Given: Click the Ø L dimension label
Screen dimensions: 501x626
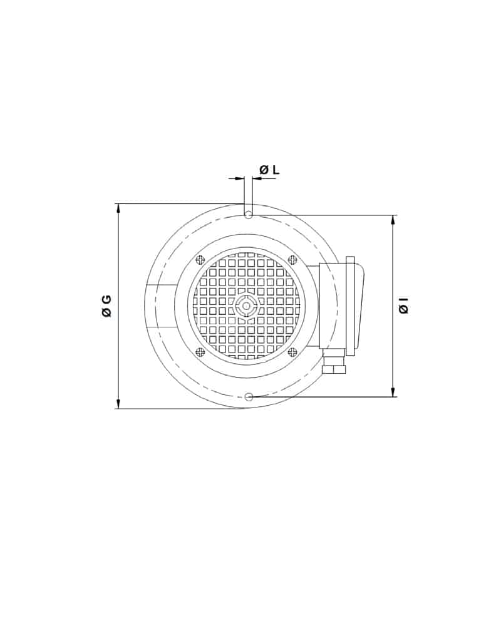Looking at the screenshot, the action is (x=270, y=170).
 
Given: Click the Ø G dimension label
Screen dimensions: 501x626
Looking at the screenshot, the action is (x=106, y=306).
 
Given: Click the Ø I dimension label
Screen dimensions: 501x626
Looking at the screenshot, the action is (x=404, y=305).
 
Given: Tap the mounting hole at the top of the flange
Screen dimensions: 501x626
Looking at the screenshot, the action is (x=248, y=215).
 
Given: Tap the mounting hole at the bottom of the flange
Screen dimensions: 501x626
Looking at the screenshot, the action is (x=249, y=397).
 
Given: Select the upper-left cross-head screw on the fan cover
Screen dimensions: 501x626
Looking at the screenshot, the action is (x=200, y=260).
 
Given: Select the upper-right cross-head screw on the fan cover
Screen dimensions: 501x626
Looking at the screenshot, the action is (x=293, y=260).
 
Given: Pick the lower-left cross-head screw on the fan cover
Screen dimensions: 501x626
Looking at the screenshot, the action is (x=200, y=352).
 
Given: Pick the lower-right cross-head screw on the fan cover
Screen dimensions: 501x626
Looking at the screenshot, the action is (x=293, y=352).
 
